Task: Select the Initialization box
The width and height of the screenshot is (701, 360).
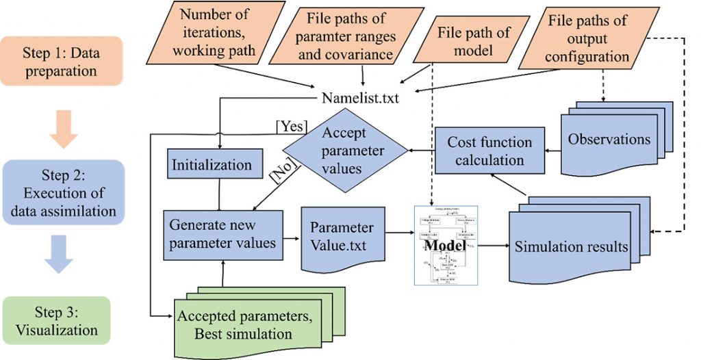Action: [212, 165]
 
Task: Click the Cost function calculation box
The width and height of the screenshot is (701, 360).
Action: [489, 151]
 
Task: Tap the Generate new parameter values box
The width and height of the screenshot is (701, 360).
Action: [222, 234]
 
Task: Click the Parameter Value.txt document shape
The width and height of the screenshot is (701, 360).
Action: [342, 235]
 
